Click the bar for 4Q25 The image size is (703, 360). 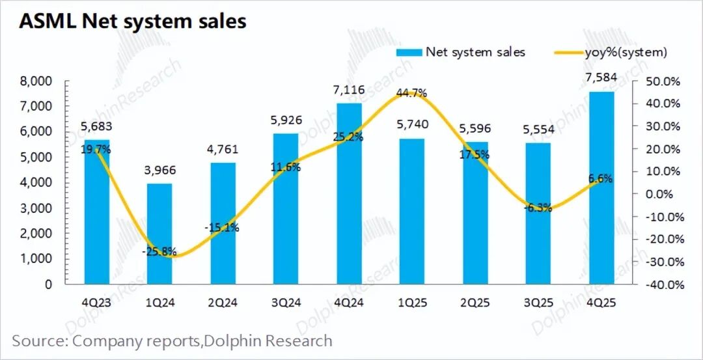click(601, 189)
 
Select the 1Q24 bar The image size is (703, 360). click(159, 234)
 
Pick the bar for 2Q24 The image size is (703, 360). click(223, 224)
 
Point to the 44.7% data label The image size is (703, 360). click(411, 93)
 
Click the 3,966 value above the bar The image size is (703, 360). click(159, 171)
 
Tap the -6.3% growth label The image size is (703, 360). click(538, 208)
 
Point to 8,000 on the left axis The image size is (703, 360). click(37, 81)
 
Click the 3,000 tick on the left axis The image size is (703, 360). click(37, 208)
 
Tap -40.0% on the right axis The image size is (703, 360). click(665, 284)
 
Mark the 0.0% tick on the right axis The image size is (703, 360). click(668, 194)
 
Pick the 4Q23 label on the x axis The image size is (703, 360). click(96, 303)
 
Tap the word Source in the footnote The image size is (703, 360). click(38, 340)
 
